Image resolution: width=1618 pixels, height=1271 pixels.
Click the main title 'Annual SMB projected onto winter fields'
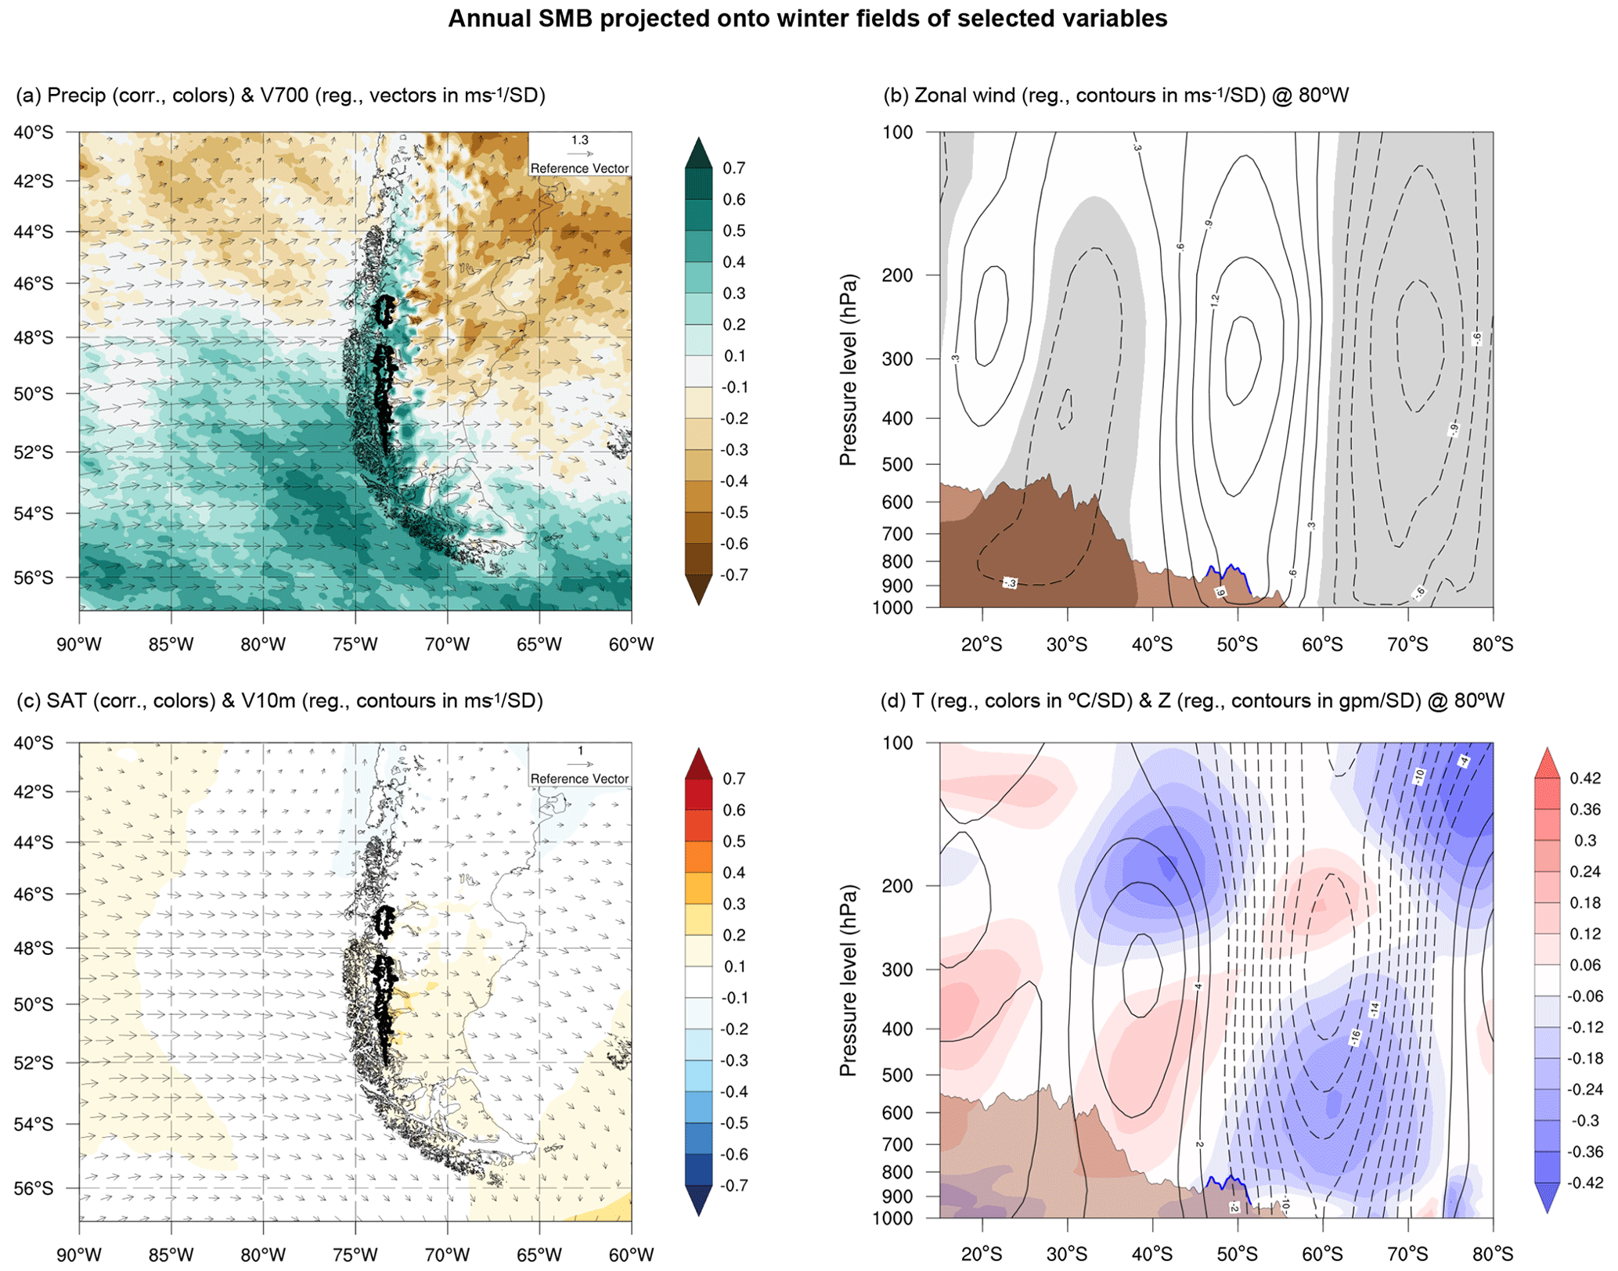click(x=807, y=19)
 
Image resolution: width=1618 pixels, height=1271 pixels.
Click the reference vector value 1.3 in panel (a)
click(x=579, y=140)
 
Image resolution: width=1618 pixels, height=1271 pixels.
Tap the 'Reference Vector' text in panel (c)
click(x=579, y=779)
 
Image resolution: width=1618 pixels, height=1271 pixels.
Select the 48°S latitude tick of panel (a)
click(x=34, y=338)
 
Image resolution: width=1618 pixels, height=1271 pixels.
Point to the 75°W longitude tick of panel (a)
click(x=355, y=645)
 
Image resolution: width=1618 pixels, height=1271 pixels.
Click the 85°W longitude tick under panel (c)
click(x=171, y=1255)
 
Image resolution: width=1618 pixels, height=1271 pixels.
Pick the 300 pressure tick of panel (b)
click(x=897, y=359)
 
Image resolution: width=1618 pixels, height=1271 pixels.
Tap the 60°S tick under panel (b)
click(x=1322, y=645)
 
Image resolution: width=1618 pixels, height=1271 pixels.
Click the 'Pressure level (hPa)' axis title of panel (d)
click(x=848, y=980)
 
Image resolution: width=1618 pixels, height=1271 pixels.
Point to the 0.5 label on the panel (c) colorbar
click(x=733, y=841)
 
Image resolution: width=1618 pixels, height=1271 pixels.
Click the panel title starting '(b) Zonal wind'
click(x=1115, y=95)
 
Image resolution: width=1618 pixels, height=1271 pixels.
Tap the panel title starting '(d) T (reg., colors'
click(x=1192, y=700)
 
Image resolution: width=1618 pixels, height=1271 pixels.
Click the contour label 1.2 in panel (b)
click(x=1215, y=299)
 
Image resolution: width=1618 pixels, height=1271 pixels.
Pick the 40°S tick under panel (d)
click(x=1151, y=1255)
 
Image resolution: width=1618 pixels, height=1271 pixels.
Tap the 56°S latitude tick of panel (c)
click(x=34, y=1188)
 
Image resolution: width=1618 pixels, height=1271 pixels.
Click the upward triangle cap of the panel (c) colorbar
click(x=698, y=763)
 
